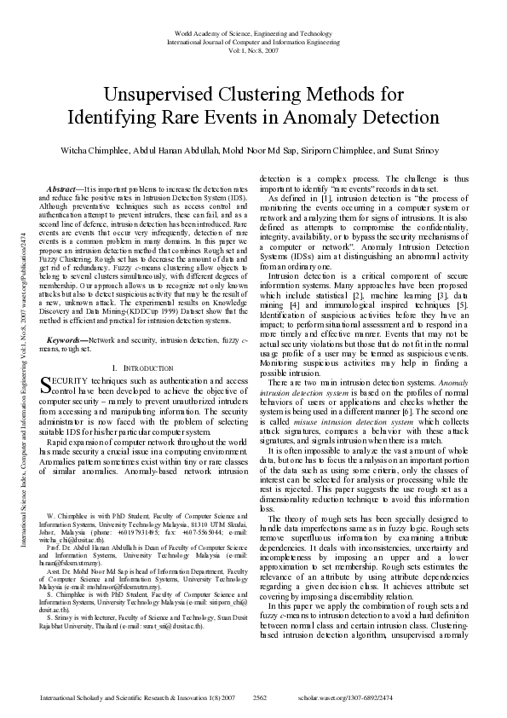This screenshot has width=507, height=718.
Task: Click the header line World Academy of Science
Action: click(x=253, y=31)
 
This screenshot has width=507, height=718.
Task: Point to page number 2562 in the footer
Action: click(x=261, y=697)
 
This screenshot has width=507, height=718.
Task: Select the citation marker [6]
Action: click(x=431, y=408)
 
